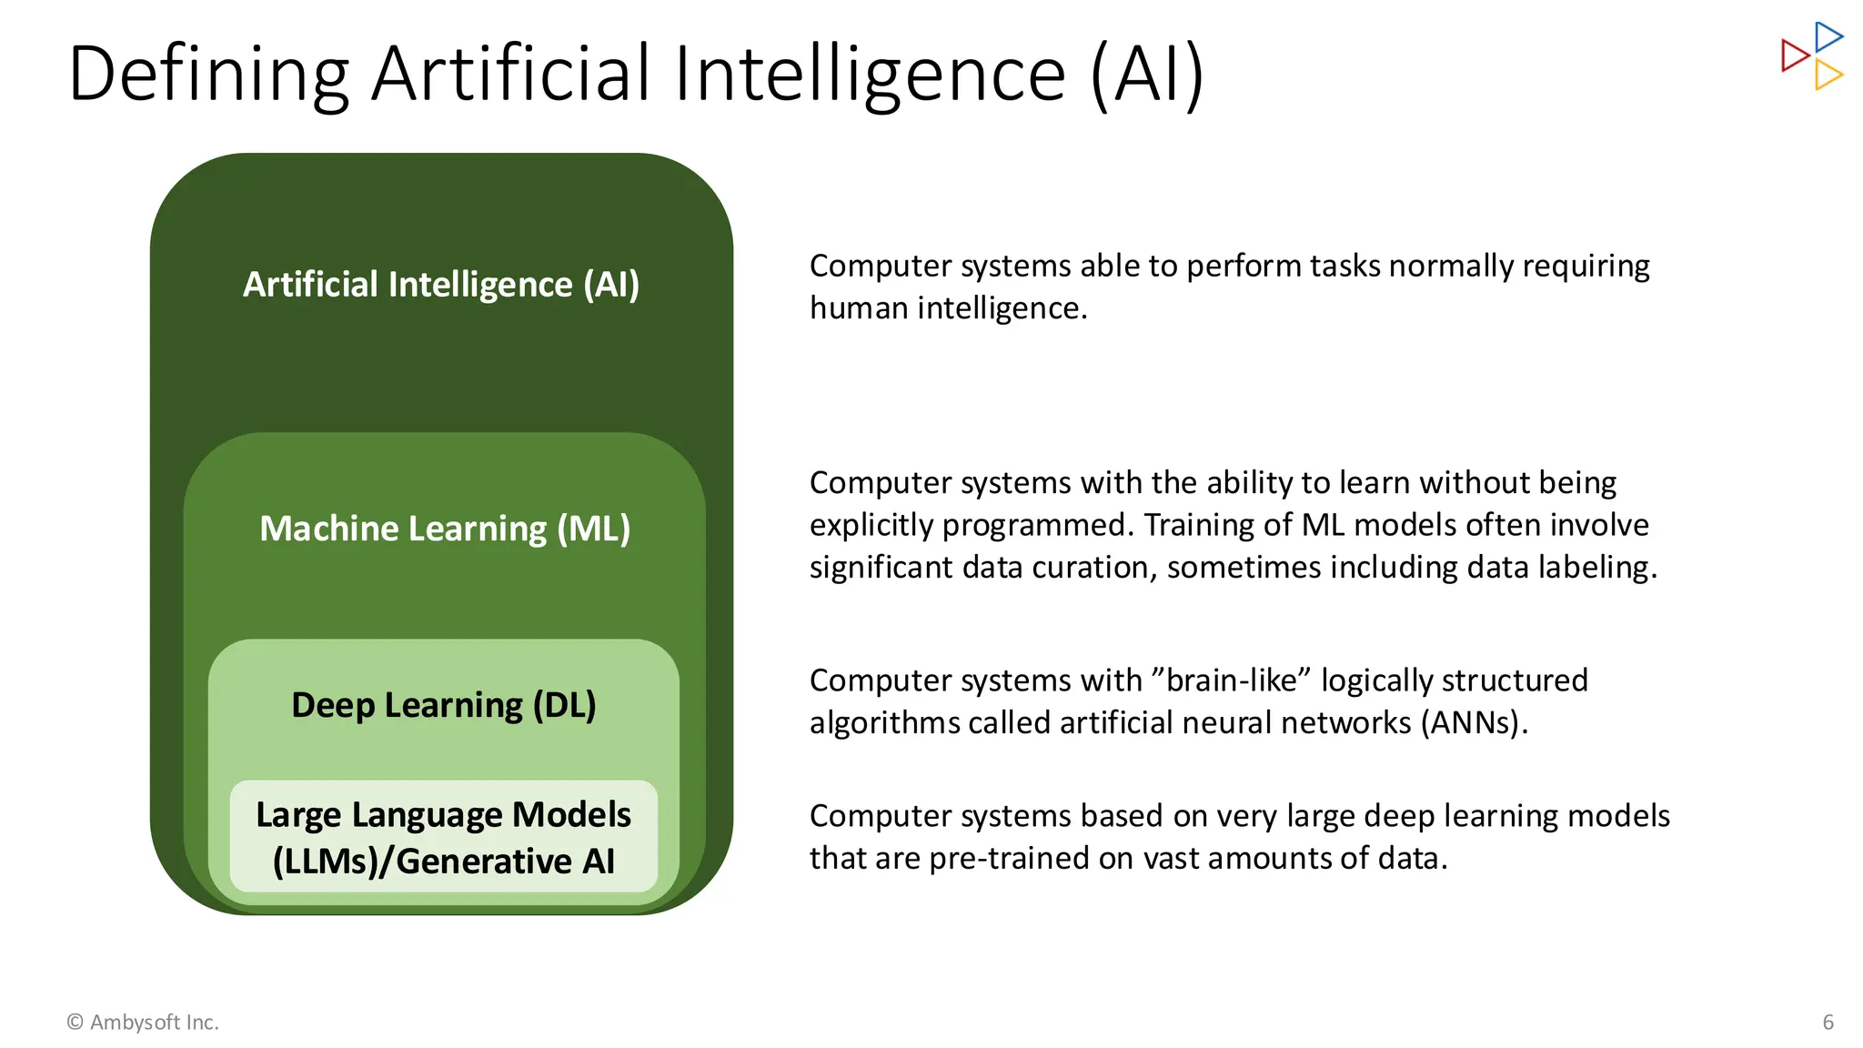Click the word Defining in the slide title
208,75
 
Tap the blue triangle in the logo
1828,37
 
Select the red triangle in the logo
1794,55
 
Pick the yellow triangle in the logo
1828,75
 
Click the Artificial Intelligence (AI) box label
441,285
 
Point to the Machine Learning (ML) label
445,529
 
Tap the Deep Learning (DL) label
444,705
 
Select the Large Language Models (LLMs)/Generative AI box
444,837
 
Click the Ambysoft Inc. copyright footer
143,1023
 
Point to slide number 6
1828,1023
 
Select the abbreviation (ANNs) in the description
1474,722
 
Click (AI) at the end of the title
1147,75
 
